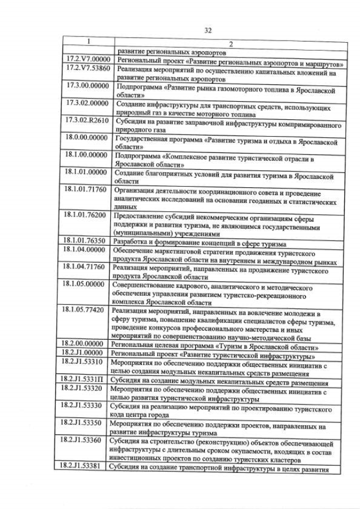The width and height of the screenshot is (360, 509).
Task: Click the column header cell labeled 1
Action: [88, 42]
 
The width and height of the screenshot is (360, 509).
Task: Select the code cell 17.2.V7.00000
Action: [88, 59]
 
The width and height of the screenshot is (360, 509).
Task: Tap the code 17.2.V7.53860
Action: [88, 68]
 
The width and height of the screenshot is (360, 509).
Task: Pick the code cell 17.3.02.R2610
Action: [87, 120]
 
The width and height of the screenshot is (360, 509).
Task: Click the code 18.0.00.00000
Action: [87, 138]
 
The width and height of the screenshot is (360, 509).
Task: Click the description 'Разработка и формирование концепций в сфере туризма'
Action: [200, 244]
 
